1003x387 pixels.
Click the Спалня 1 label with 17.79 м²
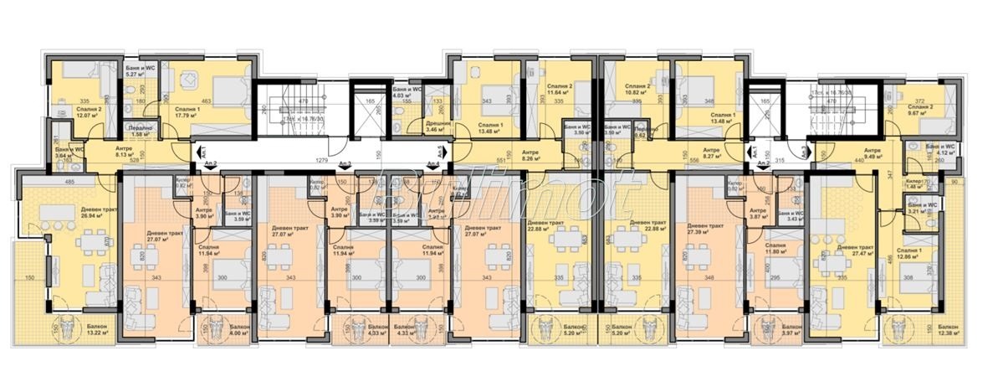pyautogui.click(x=188, y=112)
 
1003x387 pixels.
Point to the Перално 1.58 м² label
pyautogui.click(x=140, y=130)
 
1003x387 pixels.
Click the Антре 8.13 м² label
pyautogui.click(x=111, y=151)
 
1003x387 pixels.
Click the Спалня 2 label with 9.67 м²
pyautogui.click(x=919, y=111)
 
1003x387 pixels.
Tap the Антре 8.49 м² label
pyautogui.click(x=873, y=151)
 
